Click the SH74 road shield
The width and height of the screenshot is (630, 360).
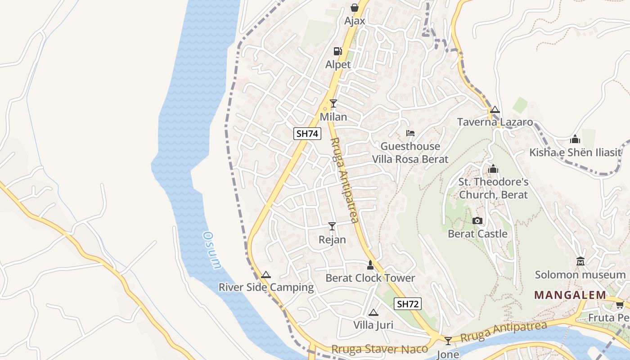click(307, 133)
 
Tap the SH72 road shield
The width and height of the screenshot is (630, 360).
click(408, 304)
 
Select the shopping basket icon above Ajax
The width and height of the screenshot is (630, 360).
click(355, 8)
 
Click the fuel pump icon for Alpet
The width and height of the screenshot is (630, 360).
click(337, 51)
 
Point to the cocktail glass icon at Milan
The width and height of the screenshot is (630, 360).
click(333, 103)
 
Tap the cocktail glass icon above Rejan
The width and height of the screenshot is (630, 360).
click(332, 226)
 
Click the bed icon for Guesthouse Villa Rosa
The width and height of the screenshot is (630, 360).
click(410, 133)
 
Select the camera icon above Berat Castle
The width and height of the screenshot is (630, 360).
click(477, 220)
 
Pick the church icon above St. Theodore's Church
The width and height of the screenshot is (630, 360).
click(493, 169)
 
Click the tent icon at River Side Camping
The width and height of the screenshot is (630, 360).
click(266, 274)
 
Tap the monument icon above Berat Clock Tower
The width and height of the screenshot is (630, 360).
click(370, 265)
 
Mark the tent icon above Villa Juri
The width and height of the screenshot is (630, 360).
click(373, 312)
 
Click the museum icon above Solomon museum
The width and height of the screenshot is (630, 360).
click(580, 261)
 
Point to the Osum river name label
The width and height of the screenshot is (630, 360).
click(212, 250)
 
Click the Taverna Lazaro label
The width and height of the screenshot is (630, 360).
click(495, 122)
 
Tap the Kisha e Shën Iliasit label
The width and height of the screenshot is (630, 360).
click(575, 152)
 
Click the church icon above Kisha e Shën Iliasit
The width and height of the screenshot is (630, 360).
click(575, 139)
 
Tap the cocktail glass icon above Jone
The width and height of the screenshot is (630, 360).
click(448, 341)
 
